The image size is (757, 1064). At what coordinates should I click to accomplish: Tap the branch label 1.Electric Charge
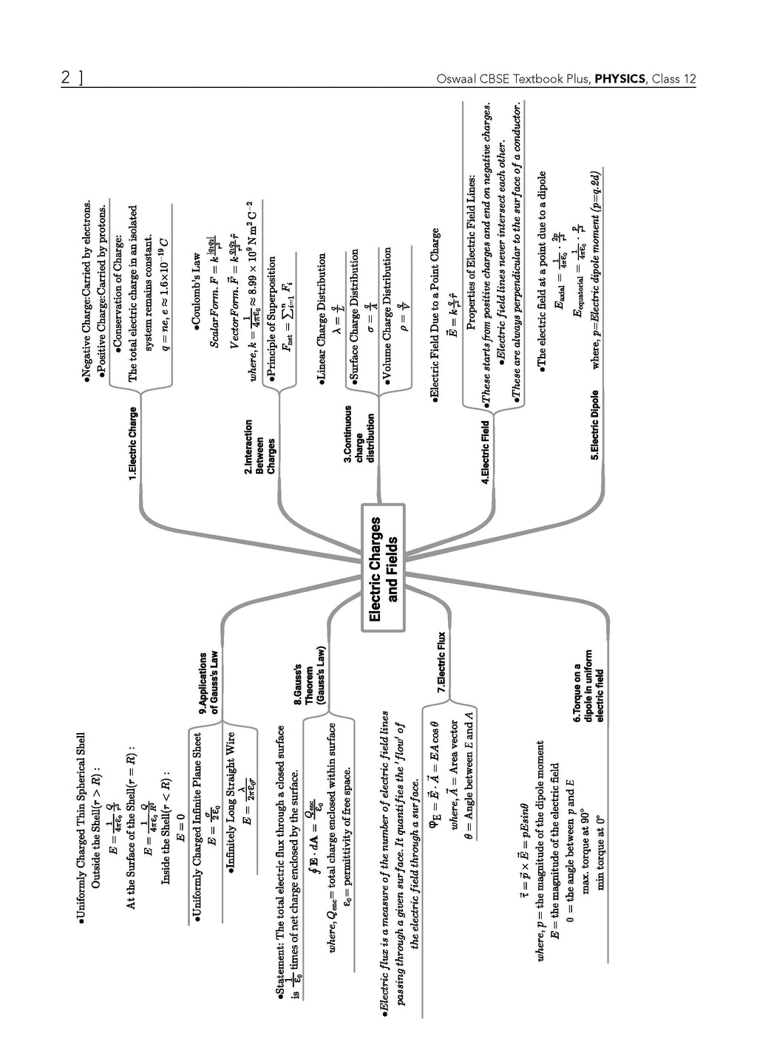tap(133, 444)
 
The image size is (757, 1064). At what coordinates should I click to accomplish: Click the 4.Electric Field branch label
tap(486, 451)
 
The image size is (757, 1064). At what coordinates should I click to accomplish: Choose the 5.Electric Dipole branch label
tap(595, 425)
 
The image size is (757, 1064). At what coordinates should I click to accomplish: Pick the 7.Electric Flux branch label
tap(441, 661)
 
